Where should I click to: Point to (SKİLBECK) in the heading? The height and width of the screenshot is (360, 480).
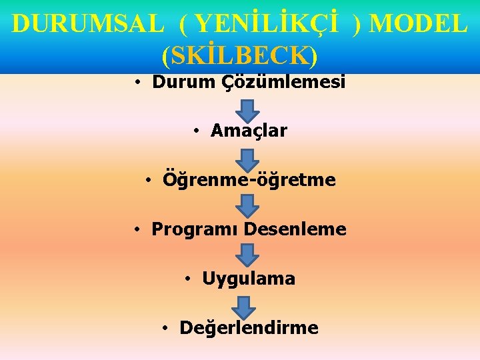[x=239, y=56]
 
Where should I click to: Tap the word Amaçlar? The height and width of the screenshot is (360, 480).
[x=249, y=131]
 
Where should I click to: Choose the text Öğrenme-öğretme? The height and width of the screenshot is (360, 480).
[x=249, y=180]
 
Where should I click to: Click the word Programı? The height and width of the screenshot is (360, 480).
[x=195, y=229]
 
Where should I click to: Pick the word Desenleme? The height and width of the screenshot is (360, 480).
[x=295, y=229]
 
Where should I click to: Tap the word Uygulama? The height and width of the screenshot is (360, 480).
[x=249, y=279]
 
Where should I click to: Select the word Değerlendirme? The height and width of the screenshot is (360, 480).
[x=249, y=328]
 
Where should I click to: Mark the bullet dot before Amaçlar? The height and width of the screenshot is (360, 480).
[x=197, y=131]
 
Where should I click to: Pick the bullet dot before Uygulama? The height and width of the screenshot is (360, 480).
[x=189, y=278]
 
